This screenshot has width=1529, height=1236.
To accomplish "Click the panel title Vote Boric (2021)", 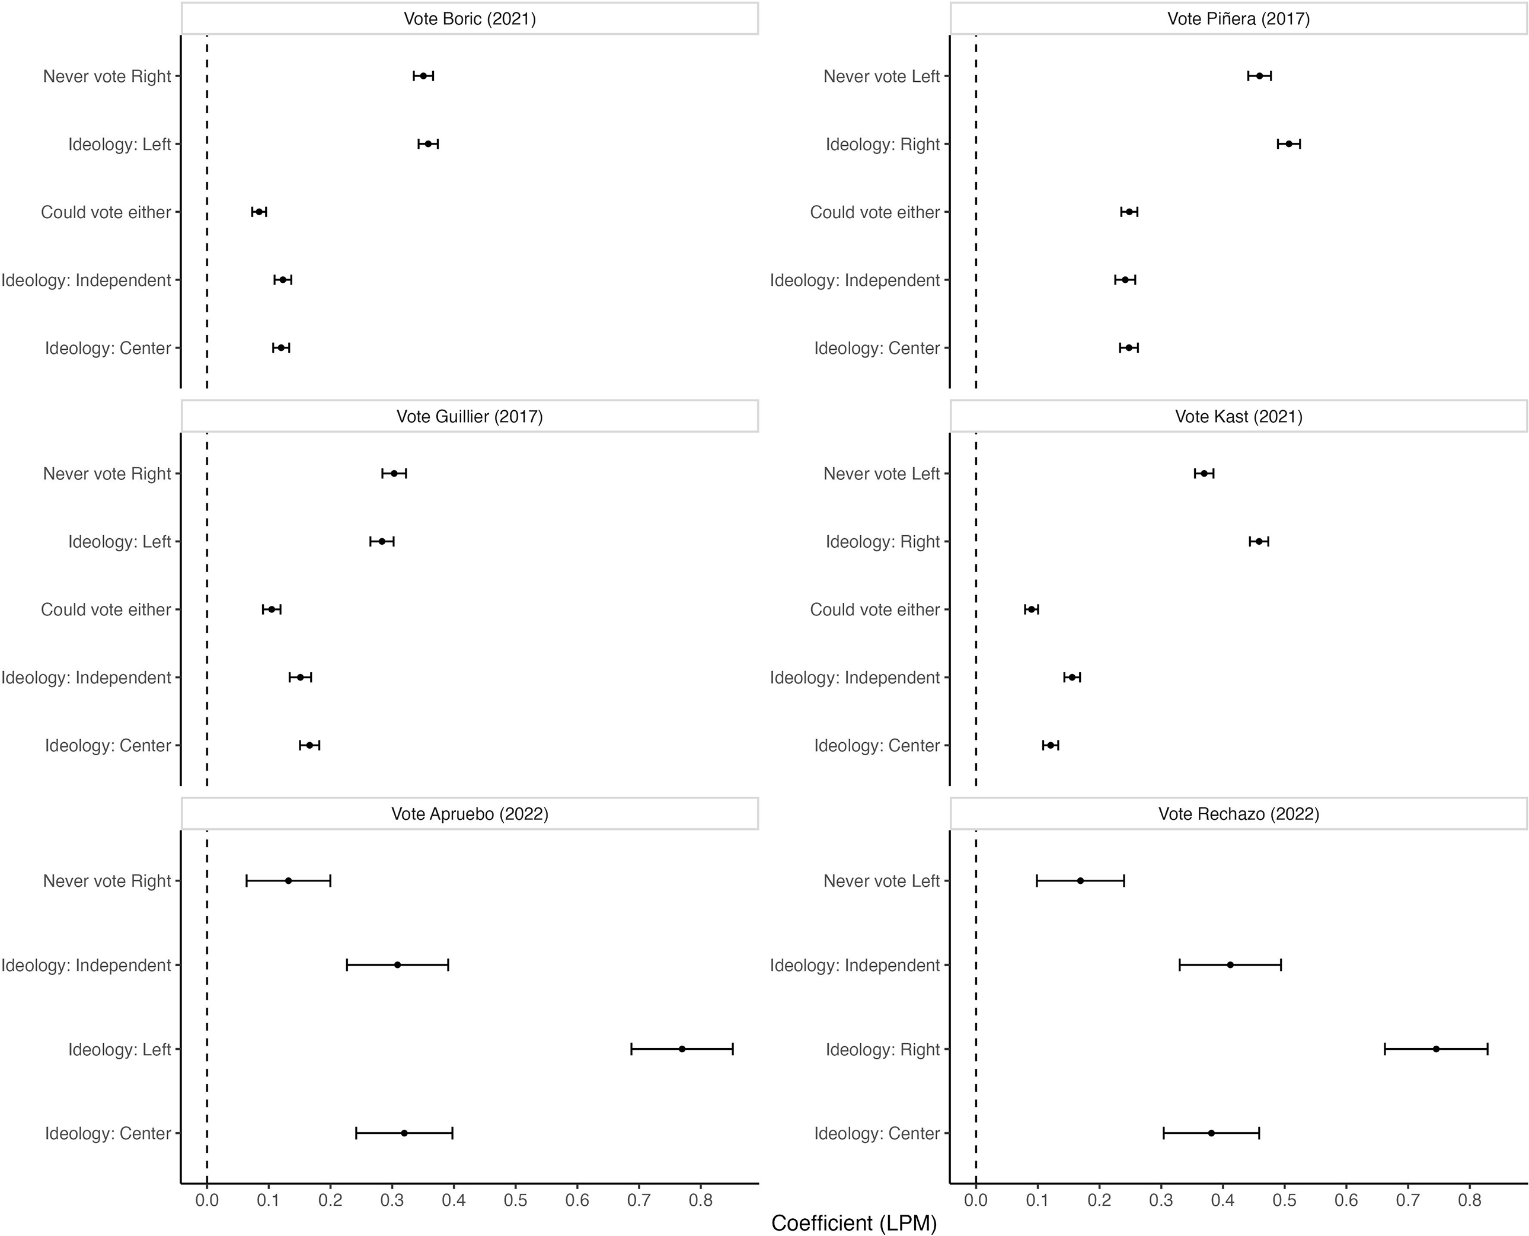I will pos(470,18).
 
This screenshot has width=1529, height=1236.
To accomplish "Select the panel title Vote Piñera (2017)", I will pos(1238,18).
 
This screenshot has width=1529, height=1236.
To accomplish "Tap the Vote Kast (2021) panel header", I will pos(1238,417).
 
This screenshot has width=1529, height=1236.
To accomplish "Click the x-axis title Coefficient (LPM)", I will pos(853,1222).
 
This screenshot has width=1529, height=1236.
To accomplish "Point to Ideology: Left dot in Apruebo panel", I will pos(682,1049).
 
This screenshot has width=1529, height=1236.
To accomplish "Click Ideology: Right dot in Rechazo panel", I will pos(1436,1049).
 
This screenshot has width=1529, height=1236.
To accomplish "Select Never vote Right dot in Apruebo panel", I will pos(288,881).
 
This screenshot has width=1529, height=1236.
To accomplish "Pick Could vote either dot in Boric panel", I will pos(259,212).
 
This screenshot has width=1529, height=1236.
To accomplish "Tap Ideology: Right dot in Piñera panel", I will pos(1288,144).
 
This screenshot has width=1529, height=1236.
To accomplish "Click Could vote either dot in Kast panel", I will pos(1031,609).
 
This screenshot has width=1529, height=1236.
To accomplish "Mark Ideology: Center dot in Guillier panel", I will pos(310,745).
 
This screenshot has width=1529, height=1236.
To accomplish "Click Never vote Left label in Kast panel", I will pos(881,474).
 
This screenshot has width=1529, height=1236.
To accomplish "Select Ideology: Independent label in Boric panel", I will pos(86,280).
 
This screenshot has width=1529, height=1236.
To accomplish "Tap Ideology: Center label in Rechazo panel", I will pos(877,1133).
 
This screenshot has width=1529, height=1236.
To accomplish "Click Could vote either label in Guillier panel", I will pos(106,609).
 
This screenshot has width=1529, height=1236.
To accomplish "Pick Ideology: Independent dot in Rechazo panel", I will pos(1230,964).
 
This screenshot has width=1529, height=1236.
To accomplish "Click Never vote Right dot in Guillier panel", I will pos(394,474).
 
